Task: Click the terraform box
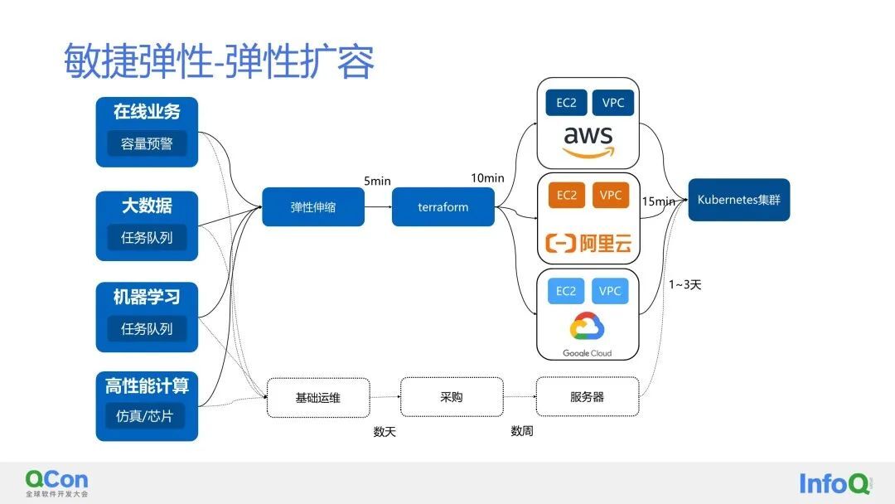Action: pos(443,206)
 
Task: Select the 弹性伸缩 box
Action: pos(312,206)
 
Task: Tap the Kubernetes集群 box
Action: pos(738,200)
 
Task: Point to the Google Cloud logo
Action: pos(588,334)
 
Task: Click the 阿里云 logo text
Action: pos(588,243)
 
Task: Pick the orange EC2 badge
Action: pos(566,195)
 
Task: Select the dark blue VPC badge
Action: pos(613,103)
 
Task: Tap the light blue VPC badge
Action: pos(610,291)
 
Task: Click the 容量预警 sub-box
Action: pos(147,144)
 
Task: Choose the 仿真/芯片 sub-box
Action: pos(145,416)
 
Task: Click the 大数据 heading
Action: pos(147,206)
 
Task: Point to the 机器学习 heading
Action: pos(147,297)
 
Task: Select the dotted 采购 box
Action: pos(452,397)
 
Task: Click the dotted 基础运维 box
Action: pos(318,398)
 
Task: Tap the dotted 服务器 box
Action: pos(588,397)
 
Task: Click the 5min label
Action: pos(377,181)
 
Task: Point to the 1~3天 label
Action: pos(685,284)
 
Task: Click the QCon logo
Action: pos(56,483)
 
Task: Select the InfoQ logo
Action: pos(835,483)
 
